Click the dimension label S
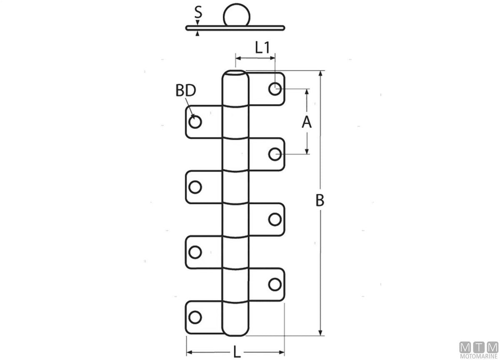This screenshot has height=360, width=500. tap(198, 12)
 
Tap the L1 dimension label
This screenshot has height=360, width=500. tap(262, 48)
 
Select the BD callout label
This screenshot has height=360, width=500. tap(186, 90)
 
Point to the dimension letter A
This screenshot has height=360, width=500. tap(307, 122)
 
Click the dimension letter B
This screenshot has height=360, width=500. tap(320, 200)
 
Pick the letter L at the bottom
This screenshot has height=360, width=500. tap(237, 352)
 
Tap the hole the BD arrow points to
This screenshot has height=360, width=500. tap(195, 122)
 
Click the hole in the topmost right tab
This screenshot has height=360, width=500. tap(275, 89)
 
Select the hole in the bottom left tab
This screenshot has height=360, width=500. tap(195, 317)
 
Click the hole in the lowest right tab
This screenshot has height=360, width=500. tap(275, 285)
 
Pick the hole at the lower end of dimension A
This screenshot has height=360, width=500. tap(275, 154)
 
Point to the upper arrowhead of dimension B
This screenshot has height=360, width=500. tap(320, 74)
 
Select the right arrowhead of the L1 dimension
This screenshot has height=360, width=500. tap(272, 58)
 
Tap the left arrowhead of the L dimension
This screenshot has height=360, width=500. tap(189, 352)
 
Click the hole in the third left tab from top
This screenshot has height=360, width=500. tap(195, 252)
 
